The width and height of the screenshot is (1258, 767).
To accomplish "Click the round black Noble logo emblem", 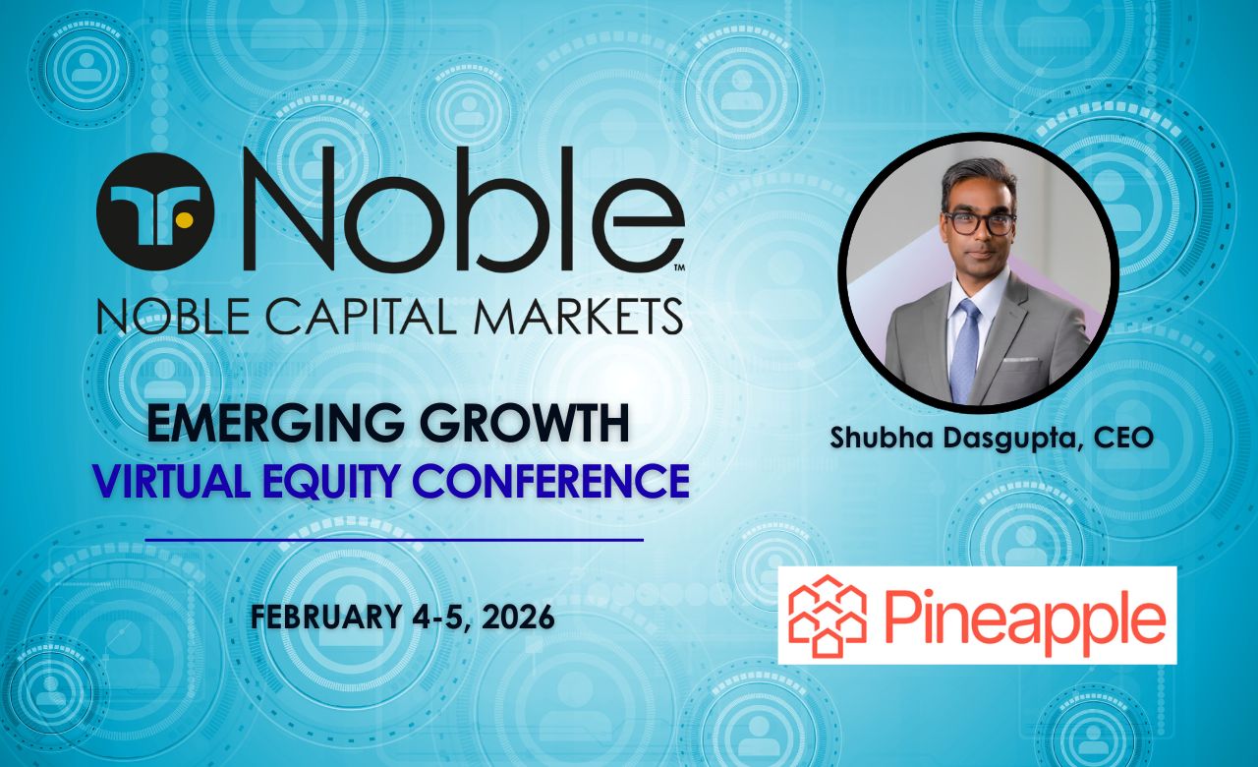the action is coord(155,211).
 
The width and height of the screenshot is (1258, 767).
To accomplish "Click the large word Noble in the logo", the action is coord(464,209).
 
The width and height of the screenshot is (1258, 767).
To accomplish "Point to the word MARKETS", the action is coord(579,317).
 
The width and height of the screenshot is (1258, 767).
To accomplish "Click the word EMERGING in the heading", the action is coord(275,423).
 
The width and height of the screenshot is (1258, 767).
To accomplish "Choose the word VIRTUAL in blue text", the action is coord(171,481).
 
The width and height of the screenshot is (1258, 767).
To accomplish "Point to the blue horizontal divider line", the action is coord(394,540).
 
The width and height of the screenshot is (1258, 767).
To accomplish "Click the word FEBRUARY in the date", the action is coord(325,617).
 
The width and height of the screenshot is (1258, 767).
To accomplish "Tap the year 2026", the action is coord(518,617).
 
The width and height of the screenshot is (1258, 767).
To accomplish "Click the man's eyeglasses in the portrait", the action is coord(981,223).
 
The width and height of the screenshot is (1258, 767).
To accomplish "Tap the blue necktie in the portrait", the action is coord(965,349).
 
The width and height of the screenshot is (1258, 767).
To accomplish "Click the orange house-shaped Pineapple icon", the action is coord(828,616).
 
